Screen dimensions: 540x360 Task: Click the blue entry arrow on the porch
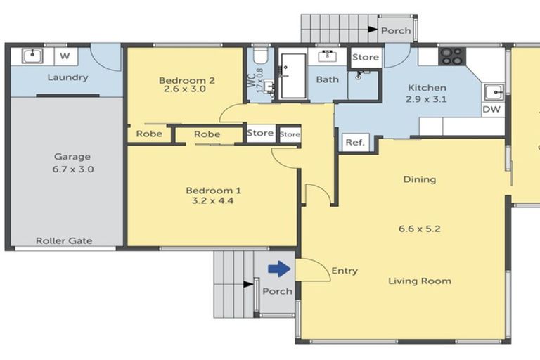tap(279, 269)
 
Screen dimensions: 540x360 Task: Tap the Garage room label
tap(72, 157)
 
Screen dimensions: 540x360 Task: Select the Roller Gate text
tap(64, 240)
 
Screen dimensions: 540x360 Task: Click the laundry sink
tap(32, 56)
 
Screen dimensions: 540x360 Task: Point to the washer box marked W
tap(65, 56)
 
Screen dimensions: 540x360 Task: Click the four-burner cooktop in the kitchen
tap(452, 56)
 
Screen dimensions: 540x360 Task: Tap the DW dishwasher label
tap(491, 110)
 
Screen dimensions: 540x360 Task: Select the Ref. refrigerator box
tap(355, 142)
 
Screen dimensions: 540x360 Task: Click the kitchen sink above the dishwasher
tap(494, 92)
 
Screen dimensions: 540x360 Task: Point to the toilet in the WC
tap(260, 55)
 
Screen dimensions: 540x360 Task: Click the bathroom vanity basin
tap(327, 56)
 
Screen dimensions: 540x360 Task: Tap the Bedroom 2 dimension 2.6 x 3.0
tap(185, 89)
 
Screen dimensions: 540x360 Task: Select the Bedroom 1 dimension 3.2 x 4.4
tap(212, 200)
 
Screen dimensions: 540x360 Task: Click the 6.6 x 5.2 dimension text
tap(420, 229)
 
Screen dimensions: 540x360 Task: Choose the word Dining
tap(420, 179)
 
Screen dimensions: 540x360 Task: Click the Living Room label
tap(420, 281)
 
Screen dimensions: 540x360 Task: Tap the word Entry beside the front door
tap(345, 271)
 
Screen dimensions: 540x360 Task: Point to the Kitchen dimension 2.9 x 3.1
tap(426, 99)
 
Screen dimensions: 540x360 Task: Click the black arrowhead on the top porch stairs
tap(373, 30)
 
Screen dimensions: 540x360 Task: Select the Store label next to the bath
tap(366, 57)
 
